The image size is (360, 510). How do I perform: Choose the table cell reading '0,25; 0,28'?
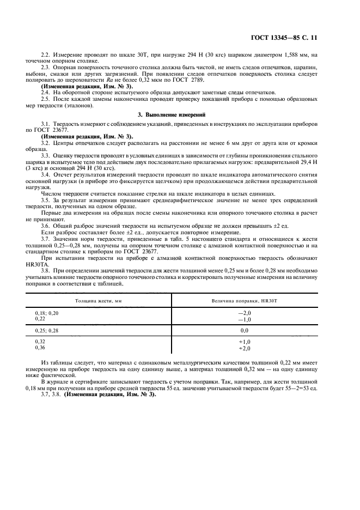[50, 330]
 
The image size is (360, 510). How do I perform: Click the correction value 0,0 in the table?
[244, 331]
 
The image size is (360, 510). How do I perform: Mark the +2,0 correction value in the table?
[244, 348]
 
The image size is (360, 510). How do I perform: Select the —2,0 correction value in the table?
[244, 313]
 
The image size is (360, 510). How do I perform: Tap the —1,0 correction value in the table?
[244, 319]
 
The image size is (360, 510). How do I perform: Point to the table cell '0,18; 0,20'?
[50, 313]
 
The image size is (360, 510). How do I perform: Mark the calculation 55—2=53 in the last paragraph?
[308, 388]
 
